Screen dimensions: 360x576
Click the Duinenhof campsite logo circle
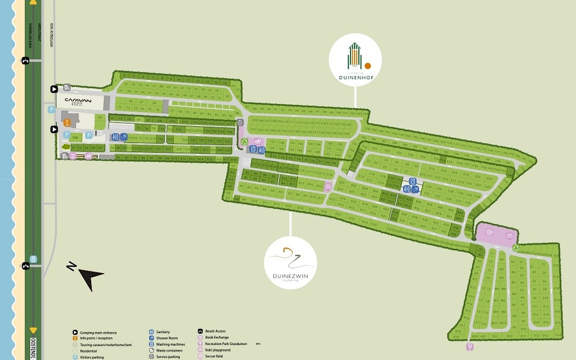coord(355,60)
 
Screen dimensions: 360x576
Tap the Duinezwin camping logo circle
coord(290,263)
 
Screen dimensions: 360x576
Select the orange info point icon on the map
coord(67,122)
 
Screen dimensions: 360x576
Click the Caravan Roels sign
coord(78,102)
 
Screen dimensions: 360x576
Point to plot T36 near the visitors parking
coord(76,137)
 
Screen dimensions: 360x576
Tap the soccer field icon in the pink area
coord(489,232)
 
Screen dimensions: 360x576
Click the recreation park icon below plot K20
coord(469,347)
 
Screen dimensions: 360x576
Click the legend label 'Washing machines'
coord(170,344)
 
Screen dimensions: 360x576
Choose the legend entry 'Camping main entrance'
coord(98,333)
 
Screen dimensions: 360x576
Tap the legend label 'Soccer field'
coord(214,356)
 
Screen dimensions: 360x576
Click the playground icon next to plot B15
coord(328,187)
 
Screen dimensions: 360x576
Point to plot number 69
coord(100,117)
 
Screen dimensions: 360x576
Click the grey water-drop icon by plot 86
coord(240,122)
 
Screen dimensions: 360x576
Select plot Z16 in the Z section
coord(545,322)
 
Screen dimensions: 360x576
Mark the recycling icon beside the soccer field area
coord(516,248)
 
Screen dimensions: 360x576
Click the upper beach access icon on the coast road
coord(25,60)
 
